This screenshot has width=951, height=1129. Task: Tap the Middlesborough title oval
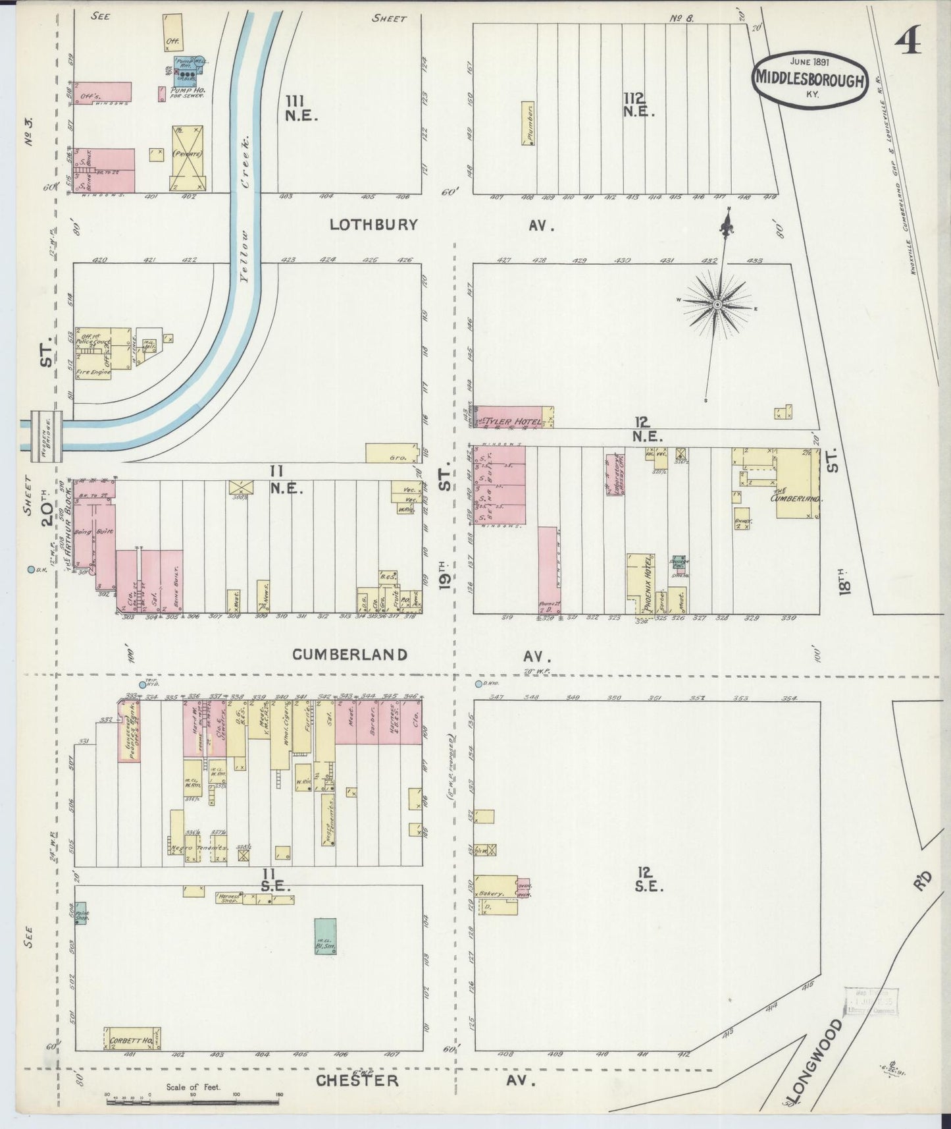click(x=809, y=78)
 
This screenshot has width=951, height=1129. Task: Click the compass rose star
click(x=717, y=304)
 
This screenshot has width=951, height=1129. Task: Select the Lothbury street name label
click(x=373, y=225)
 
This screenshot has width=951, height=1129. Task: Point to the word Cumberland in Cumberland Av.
click(x=349, y=654)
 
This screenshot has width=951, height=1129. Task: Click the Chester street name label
click(x=357, y=1081)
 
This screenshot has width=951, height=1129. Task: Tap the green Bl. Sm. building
click(x=324, y=937)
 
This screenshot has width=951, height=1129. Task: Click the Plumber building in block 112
click(x=527, y=123)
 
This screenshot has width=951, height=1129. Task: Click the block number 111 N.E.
click(x=301, y=107)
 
